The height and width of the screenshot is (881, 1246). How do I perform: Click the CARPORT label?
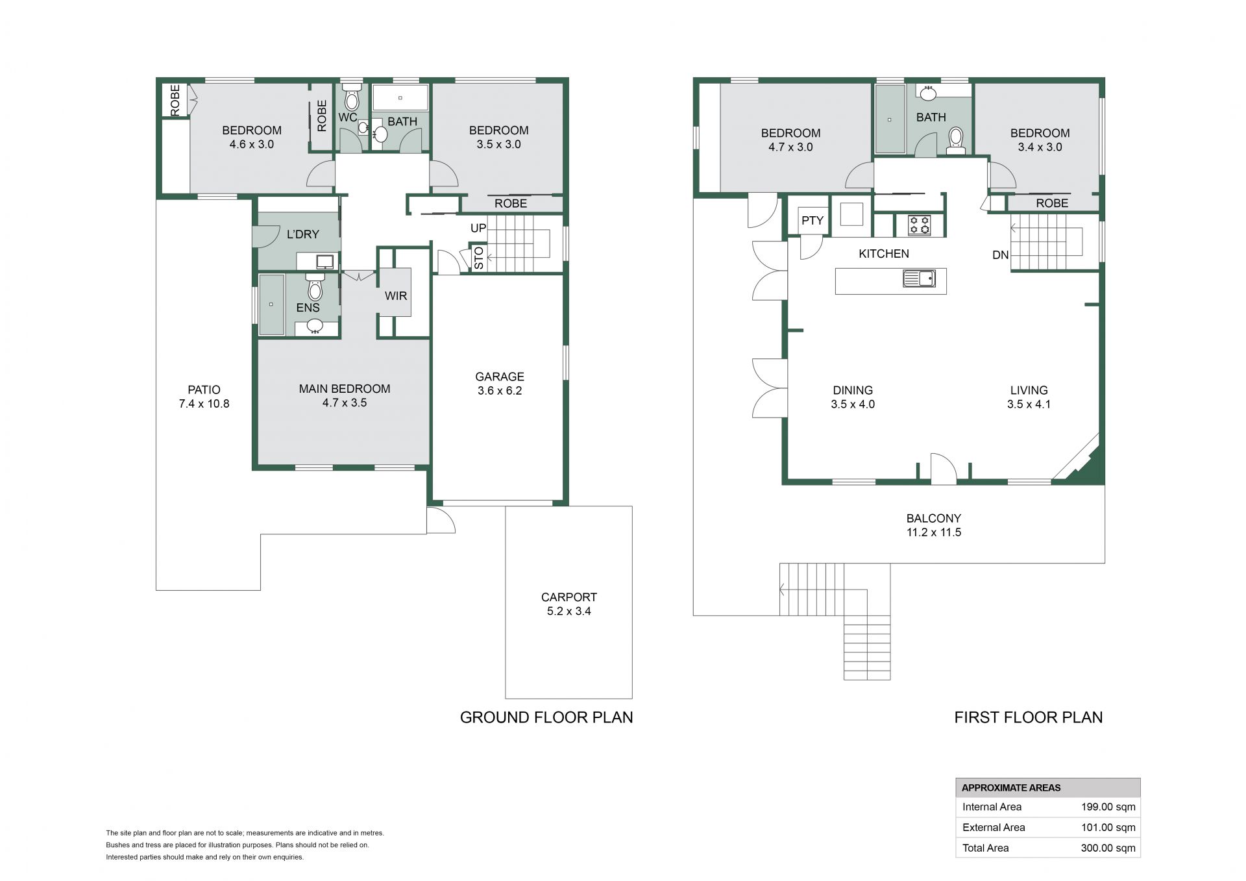coord(569,597)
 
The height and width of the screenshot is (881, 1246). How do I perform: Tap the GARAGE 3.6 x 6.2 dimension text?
coord(500,391)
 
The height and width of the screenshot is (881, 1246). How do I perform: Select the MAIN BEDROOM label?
coord(345,389)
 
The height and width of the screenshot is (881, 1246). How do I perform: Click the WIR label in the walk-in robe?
coord(396,296)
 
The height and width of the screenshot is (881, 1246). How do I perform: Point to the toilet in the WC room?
coord(352,97)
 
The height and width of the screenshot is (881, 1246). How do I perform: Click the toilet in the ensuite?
coord(315,287)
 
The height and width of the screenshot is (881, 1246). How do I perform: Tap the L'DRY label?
coord(303,234)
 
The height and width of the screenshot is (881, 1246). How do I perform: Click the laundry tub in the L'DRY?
coord(324,262)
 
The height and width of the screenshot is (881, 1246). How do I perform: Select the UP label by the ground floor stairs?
coord(478,229)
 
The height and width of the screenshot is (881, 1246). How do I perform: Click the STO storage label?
coord(479,258)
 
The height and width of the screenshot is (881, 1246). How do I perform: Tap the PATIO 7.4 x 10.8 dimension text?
coord(204,404)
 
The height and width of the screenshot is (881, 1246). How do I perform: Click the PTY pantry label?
coord(812,221)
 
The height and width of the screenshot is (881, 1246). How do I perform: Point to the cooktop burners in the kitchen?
coord(920,225)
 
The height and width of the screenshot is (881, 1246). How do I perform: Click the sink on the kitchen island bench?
coord(919,279)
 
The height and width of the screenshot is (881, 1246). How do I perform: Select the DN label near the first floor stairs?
coord(1001,255)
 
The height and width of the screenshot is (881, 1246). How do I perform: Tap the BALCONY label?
coord(934,519)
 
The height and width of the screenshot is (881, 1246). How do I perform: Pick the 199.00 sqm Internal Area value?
coord(1108,808)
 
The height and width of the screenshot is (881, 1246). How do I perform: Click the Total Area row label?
coord(986,848)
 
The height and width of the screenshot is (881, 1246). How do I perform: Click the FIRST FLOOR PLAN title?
coord(1029,717)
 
